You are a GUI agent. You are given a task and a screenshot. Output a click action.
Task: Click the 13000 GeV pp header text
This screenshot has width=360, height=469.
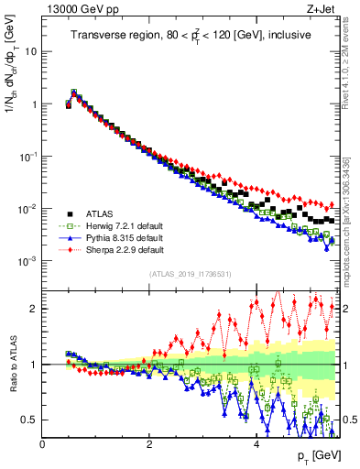click(x=81, y=9)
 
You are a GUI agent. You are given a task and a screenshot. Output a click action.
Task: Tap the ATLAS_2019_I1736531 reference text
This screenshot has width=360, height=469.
click(x=190, y=274)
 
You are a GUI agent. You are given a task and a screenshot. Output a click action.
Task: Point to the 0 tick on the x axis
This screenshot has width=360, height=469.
click(x=42, y=444)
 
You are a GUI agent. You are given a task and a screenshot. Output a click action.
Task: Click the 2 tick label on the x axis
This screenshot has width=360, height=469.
click(x=149, y=444)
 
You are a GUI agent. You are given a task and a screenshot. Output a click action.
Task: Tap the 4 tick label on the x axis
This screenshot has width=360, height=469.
click(x=256, y=444)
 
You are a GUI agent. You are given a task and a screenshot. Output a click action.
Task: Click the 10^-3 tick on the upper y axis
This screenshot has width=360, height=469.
click(x=27, y=262)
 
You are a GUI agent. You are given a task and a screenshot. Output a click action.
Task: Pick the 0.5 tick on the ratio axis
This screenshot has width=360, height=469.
click(x=29, y=420)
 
